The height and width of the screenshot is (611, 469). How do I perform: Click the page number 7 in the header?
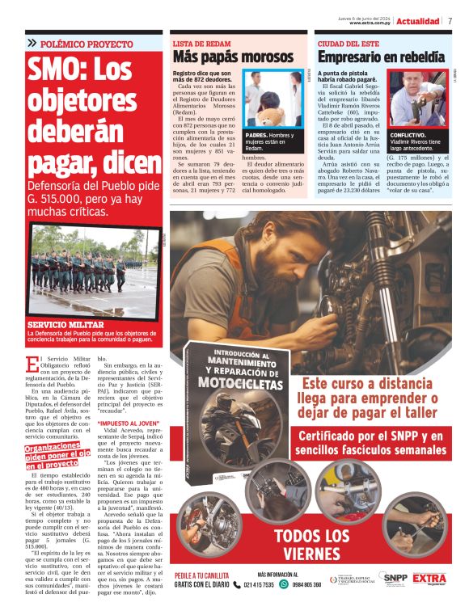pos(450,21)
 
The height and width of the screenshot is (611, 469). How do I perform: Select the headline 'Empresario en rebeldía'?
pos(380,57)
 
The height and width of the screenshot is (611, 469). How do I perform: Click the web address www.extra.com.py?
pos(371,23)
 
